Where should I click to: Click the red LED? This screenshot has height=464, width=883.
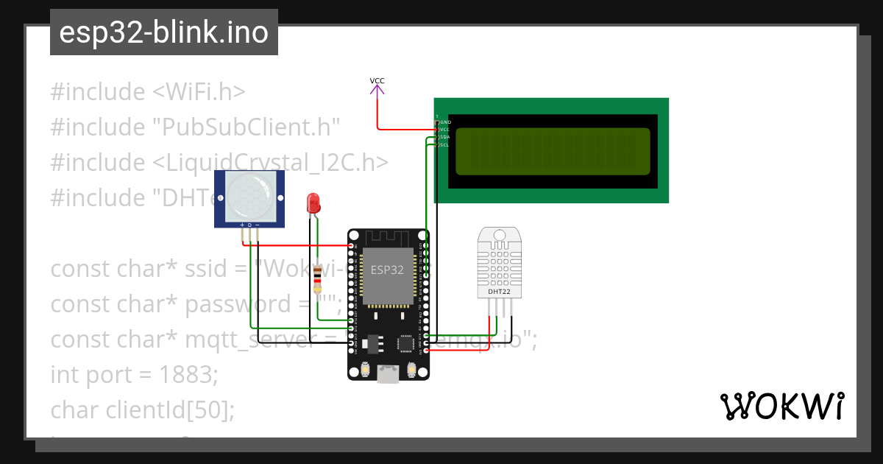pos(313,203)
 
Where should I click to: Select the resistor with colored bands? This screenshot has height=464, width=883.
pos(317,279)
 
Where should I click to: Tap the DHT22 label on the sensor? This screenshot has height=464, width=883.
pos(499,292)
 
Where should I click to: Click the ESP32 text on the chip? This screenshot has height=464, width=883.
pos(387,270)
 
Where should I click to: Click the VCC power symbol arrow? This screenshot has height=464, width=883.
pos(377,90)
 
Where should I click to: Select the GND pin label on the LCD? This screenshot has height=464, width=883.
pos(445,122)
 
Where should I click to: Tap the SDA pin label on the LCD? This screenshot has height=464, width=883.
pos(444,137)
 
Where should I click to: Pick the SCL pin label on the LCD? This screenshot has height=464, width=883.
pos(444,145)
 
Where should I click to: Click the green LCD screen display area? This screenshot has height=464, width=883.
pos(553,152)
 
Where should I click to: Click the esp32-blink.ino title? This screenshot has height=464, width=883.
pos(163,33)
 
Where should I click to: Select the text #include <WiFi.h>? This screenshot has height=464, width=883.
pos(148,92)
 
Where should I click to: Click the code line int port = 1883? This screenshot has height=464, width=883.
pos(135,374)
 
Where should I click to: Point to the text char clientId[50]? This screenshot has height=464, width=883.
pos(143,409)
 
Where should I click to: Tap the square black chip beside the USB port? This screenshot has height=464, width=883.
pos(405,343)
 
